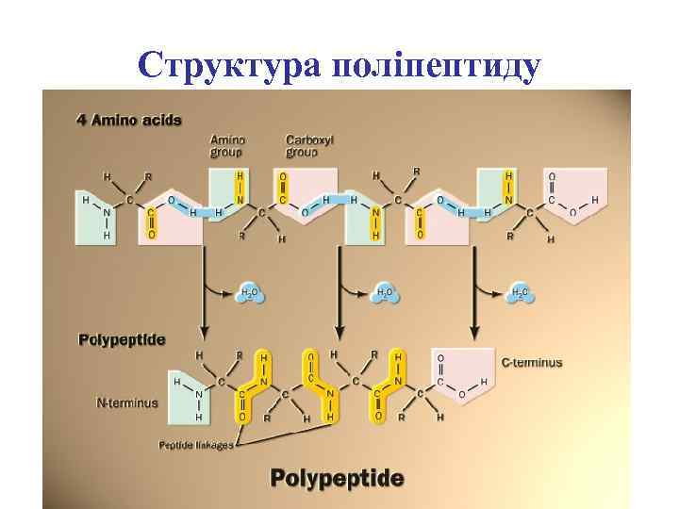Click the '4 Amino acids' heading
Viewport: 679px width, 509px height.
click(x=129, y=120)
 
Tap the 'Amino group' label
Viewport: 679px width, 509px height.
click(x=226, y=145)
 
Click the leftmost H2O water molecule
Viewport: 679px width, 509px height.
click(x=250, y=293)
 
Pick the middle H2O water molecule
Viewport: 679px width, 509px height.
click(x=385, y=293)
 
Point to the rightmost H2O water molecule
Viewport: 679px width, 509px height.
click(x=521, y=293)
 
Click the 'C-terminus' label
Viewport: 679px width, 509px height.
click(x=532, y=362)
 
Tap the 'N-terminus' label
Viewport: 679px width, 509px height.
click(x=128, y=402)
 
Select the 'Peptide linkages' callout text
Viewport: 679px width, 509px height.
click(x=195, y=445)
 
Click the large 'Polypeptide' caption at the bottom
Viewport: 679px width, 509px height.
click(x=338, y=478)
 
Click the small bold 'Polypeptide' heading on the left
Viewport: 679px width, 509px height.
click(x=122, y=338)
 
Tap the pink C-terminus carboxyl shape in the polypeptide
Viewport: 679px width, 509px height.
click(x=462, y=377)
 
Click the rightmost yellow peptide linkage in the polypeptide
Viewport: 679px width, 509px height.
click(x=388, y=386)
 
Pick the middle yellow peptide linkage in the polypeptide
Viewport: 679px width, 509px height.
click(x=319, y=386)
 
